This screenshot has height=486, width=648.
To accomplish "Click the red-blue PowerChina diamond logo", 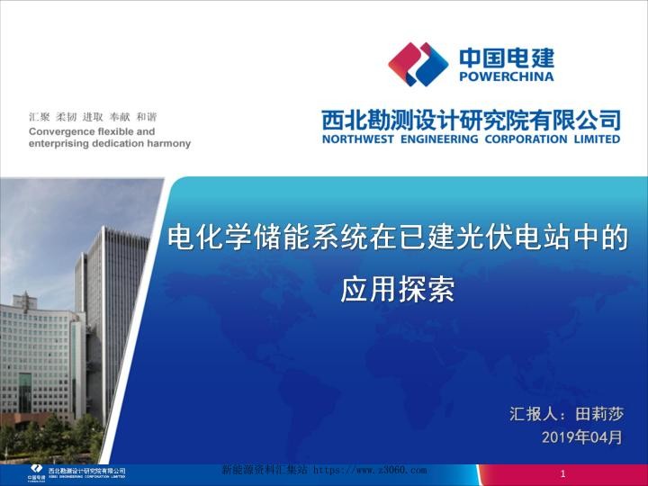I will point(418,65).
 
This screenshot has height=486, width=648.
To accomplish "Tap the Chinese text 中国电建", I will point(507,58).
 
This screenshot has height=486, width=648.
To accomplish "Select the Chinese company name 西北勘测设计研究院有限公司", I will point(471,120).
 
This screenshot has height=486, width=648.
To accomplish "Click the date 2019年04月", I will point(582,437).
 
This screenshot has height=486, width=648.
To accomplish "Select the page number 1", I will point(562,474).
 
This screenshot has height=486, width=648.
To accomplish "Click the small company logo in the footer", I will point(36,471).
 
